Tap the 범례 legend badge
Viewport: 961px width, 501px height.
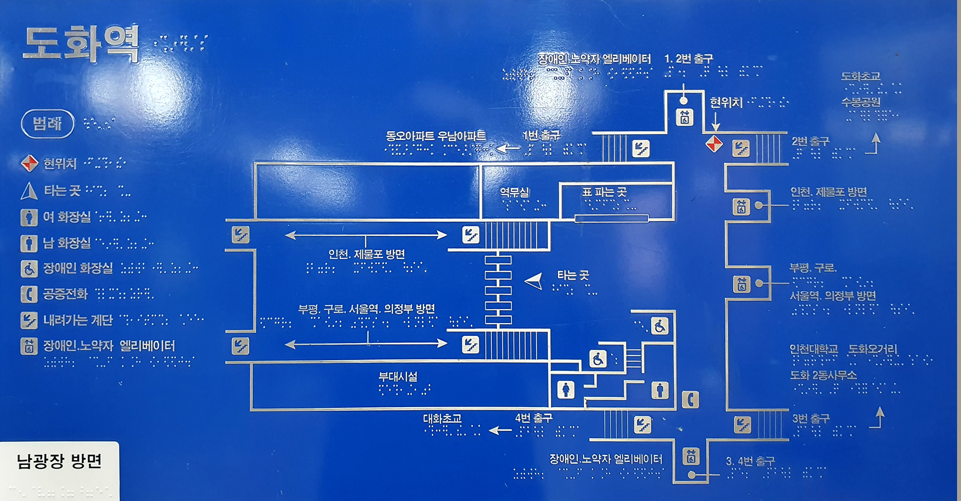tap(48, 123)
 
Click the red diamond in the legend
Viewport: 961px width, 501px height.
tap(29, 163)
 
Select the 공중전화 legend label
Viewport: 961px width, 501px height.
tap(65, 293)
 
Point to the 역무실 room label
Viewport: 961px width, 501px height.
tap(514, 192)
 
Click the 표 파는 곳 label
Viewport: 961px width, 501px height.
tap(604, 192)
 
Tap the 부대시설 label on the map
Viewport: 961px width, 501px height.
tap(398, 376)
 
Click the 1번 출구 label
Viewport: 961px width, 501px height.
tap(541, 135)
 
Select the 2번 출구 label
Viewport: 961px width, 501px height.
tap(810, 141)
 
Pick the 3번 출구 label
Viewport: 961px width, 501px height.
tap(811, 418)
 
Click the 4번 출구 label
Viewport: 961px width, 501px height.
tap(534, 418)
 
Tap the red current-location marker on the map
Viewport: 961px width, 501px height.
tap(714, 144)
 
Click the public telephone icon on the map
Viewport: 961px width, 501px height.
tap(690, 399)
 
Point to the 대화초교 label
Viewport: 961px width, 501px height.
tap(442, 418)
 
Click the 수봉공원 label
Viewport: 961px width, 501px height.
tap(860, 102)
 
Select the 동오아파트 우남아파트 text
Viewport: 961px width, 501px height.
tap(435, 136)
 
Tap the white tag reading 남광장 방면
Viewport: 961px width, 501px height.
tap(59, 461)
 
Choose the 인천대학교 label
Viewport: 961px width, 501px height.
tap(813, 349)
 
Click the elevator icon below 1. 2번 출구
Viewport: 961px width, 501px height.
tap(685, 117)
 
